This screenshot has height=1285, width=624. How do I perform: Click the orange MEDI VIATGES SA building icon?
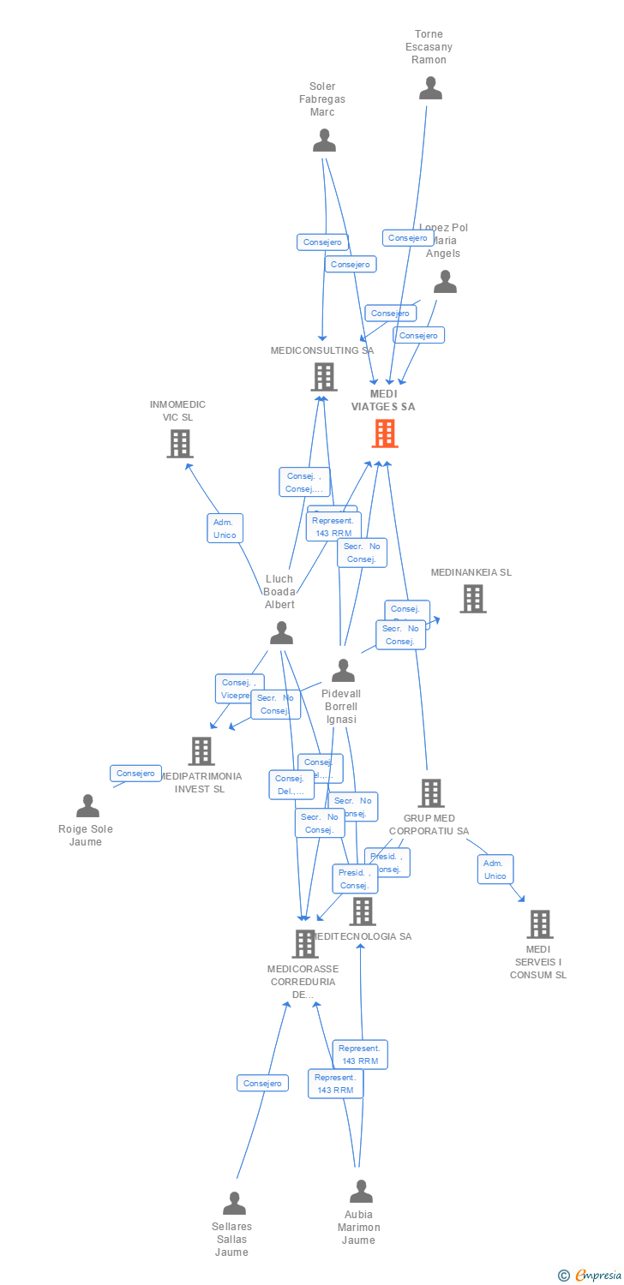(x=385, y=433)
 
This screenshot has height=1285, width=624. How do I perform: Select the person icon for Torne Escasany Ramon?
(x=430, y=88)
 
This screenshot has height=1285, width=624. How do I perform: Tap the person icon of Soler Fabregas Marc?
(x=324, y=140)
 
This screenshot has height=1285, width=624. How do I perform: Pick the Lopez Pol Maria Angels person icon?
(x=445, y=282)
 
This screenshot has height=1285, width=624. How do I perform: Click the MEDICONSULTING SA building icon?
(x=323, y=377)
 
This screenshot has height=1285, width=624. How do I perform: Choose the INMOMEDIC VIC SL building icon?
(x=179, y=444)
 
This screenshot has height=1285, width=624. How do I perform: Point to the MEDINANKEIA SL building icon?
(x=472, y=599)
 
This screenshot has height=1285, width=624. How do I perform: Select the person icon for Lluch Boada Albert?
(x=281, y=633)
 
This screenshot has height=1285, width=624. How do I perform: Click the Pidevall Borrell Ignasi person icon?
(x=343, y=671)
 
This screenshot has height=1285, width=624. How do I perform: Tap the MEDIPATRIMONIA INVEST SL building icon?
(x=201, y=751)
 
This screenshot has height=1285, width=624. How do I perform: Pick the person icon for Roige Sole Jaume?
(x=87, y=806)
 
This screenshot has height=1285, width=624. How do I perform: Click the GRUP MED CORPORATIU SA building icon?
(x=430, y=793)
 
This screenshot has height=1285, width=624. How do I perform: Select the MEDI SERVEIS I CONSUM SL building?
(x=539, y=924)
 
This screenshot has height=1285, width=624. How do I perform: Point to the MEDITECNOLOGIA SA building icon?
(x=363, y=911)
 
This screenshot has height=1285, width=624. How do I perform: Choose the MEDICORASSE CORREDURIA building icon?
(x=304, y=944)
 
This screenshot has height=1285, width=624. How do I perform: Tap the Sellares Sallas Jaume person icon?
(x=234, y=1204)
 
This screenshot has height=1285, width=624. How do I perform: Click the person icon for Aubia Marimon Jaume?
(x=361, y=1192)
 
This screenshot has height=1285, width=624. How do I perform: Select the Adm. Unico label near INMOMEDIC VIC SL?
(x=225, y=529)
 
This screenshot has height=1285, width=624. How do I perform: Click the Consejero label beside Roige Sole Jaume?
(x=135, y=774)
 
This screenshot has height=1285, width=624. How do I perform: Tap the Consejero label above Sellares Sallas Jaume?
(x=262, y=1084)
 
